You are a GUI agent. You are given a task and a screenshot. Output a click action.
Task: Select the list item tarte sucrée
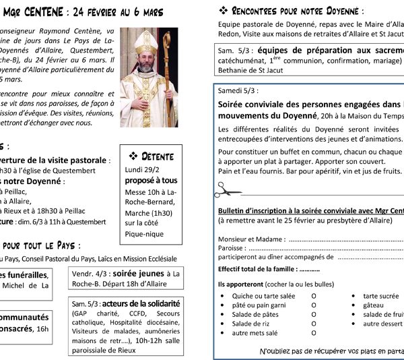(x=381, y=296)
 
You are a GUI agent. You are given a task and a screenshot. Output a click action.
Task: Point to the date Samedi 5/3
(x=238, y=90)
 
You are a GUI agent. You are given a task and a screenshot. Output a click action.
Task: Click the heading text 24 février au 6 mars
(x=128, y=11)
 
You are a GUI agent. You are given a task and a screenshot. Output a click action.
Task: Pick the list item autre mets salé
(x=255, y=333)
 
